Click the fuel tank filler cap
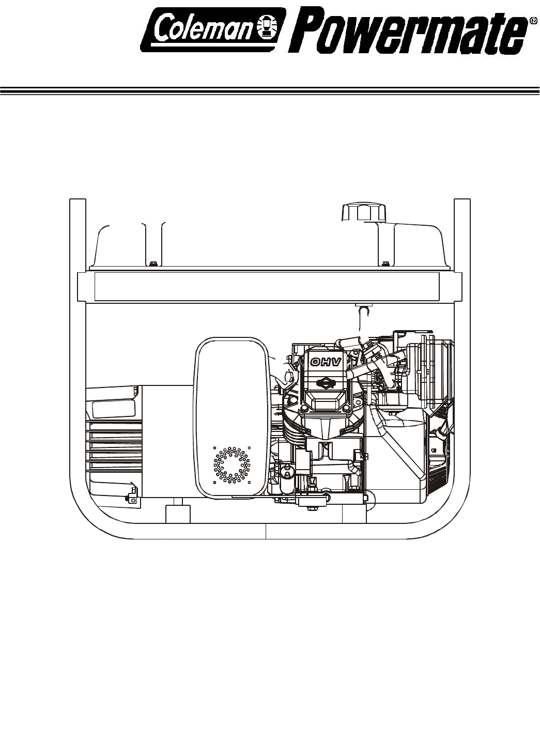point(364,212)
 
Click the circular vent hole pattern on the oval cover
point(232,465)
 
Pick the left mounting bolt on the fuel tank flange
point(153,263)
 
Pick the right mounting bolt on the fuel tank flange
point(385,263)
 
